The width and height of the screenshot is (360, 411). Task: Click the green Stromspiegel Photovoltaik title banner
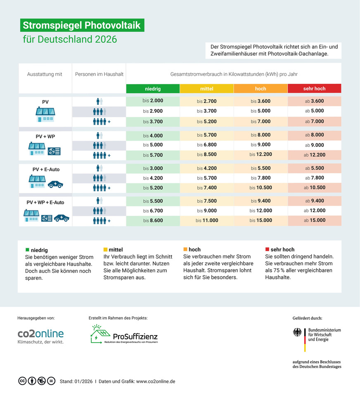(82, 26)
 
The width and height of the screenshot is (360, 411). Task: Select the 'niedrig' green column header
(153, 89)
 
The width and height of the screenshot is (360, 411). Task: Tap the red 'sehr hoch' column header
(314, 89)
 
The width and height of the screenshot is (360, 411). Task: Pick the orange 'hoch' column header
(261, 89)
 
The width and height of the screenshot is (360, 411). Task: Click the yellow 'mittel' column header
(206, 89)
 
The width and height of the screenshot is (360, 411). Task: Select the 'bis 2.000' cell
(153, 101)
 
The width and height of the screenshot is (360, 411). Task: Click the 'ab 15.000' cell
(314, 220)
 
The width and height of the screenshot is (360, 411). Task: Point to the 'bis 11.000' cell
(206, 220)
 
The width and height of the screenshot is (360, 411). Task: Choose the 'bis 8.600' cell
(153, 220)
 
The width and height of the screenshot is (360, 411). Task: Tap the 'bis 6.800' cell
(206, 145)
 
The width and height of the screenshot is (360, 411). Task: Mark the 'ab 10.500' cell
(314, 187)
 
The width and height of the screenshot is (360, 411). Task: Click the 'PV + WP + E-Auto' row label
(45, 202)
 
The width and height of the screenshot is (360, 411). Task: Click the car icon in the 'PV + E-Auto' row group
(55, 184)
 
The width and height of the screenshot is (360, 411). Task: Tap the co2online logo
(40, 336)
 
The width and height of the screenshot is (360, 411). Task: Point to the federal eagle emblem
(297, 333)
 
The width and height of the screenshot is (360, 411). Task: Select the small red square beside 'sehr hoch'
(267, 250)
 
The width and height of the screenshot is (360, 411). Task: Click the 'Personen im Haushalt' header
(99, 74)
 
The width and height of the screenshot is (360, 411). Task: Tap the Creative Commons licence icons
(36, 381)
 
